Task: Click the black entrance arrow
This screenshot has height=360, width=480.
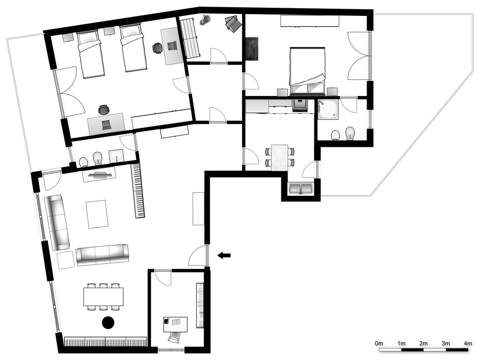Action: (224, 255)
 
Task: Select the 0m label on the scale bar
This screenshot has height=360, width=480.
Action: (379, 343)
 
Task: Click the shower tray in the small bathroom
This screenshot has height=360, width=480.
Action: (327, 109)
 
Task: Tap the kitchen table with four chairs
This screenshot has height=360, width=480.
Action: (279, 157)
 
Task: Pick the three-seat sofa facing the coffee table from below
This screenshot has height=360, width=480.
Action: (102, 254)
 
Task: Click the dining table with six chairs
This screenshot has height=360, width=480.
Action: (103, 297)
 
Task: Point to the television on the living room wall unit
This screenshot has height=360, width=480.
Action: (101, 175)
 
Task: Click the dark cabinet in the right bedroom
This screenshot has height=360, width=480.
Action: (252, 48)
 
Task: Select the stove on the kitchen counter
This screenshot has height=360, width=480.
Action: (299, 105)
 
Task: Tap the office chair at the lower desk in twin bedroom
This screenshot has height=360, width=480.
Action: (104, 110)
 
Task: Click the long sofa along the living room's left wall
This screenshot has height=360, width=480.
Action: (58, 222)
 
